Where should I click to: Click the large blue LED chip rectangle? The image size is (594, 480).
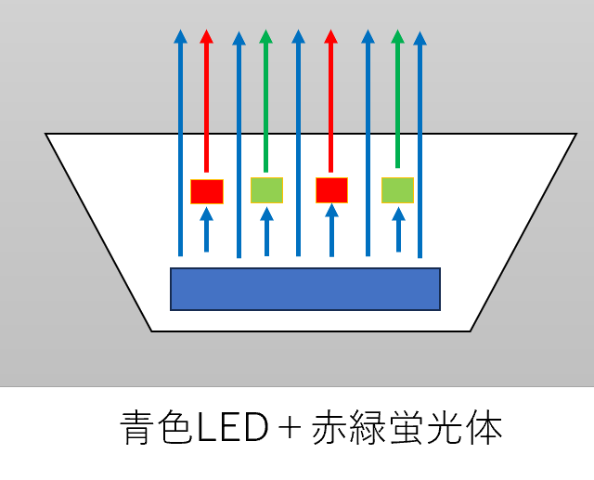[305, 289]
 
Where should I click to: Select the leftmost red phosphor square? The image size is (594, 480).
[207, 191]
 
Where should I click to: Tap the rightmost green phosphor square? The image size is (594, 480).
[397, 190]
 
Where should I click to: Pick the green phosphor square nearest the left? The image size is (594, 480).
[266, 190]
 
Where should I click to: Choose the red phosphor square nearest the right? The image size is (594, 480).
[332, 190]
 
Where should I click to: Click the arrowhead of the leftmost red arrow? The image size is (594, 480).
[206, 36]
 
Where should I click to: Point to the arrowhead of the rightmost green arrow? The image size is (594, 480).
[398, 36]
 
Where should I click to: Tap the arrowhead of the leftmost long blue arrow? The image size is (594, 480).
[180, 36]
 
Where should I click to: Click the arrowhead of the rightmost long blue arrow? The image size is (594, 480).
[420, 38]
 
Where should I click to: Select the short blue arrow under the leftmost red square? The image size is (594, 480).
[206, 229]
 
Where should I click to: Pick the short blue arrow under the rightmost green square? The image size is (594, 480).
[398, 229]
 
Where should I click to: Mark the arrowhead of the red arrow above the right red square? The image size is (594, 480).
[330, 36]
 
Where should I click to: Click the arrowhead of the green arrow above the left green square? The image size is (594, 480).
[266, 36]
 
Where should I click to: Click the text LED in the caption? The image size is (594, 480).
[233, 428]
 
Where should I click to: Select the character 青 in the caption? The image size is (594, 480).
[138, 428]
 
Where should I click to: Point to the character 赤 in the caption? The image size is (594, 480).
[330, 428]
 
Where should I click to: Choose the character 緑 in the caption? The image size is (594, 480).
[368, 428]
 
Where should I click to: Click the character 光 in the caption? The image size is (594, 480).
[445, 428]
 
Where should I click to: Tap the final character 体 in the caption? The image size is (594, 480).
[484, 428]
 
